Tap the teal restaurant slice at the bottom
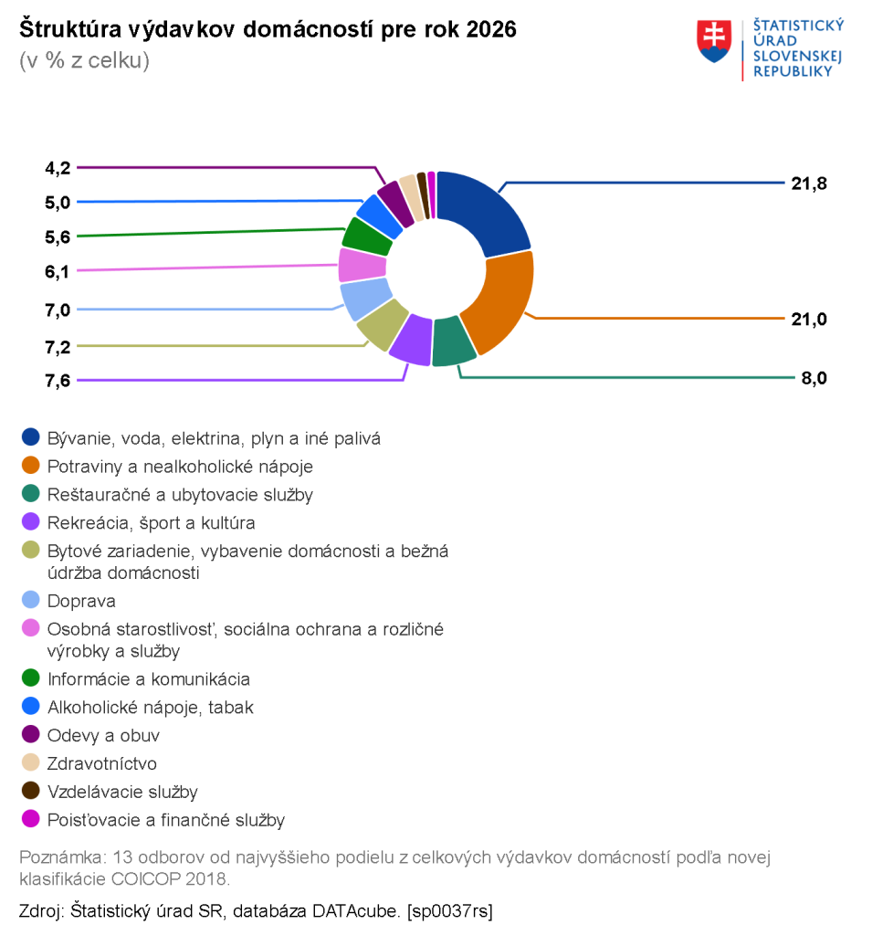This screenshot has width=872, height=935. pyautogui.click(x=452, y=341)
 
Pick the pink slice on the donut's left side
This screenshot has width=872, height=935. pyautogui.click(x=361, y=265)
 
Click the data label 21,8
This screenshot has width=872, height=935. pyautogui.click(x=809, y=184)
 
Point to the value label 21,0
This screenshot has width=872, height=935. pyautogui.click(x=809, y=319)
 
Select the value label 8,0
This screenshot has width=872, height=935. pyautogui.click(x=814, y=378)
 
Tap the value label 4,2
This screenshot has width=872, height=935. pyautogui.click(x=58, y=168)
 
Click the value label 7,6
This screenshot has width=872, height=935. pyautogui.click(x=58, y=381)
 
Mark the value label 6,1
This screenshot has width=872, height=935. pyautogui.click(x=58, y=272)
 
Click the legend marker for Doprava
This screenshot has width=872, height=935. pyautogui.click(x=30, y=600)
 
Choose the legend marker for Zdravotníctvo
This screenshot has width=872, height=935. pyautogui.click(x=30, y=762)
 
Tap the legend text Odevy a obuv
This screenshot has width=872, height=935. pyautogui.click(x=103, y=735)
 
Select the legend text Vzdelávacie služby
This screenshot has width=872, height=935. pyautogui.click(x=122, y=792)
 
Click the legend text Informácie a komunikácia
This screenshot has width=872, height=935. pyautogui.click(x=149, y=679)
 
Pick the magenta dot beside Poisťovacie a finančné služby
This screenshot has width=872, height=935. pyautogui.click(x=30, y=819)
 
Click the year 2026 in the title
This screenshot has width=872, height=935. pyautogui.click(x=491, y=29)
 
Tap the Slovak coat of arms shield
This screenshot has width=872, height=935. pyautogui.click(x=714, y=41)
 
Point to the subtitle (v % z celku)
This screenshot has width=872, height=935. pyautogui.click(x=84, y=61)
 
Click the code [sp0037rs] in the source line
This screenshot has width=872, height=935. pyautogui.click(x=450, y=911)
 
